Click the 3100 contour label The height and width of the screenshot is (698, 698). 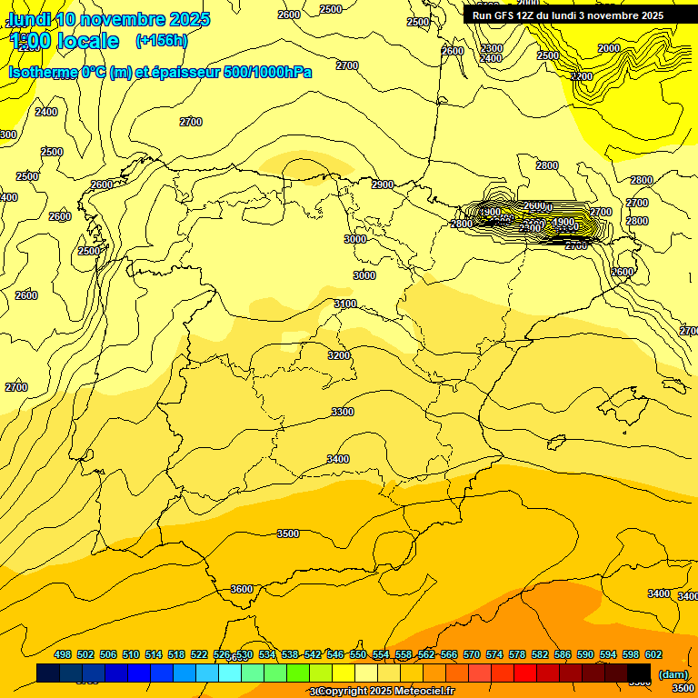345,304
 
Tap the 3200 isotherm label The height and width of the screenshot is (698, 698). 339,355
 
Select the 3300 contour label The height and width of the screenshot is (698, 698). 343,412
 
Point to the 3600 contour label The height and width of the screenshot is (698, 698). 242,589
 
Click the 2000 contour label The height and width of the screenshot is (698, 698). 609,48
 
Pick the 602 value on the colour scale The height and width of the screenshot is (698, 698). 653,654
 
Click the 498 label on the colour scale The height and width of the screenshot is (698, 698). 63,654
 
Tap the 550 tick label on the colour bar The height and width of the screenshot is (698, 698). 358,654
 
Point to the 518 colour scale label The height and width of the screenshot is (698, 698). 176,654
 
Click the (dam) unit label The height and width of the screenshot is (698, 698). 673,673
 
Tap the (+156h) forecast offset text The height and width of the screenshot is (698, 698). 161,40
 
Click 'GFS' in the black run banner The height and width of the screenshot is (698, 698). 504,15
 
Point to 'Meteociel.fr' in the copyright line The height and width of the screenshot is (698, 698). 422,692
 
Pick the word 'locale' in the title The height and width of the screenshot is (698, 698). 88,41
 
